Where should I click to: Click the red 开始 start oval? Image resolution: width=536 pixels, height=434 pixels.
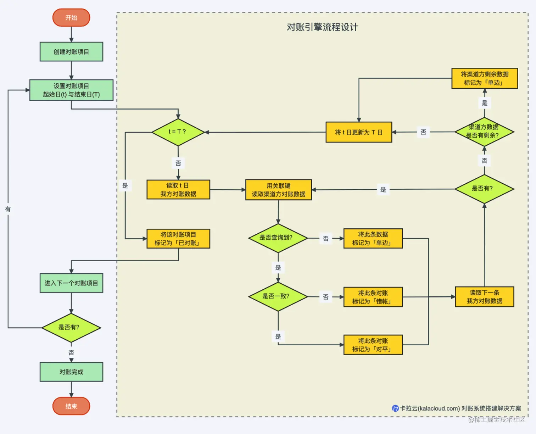pos(71,18)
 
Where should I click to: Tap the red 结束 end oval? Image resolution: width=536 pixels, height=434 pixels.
pos(71,406)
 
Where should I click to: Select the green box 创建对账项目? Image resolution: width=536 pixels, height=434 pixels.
pos(71,52)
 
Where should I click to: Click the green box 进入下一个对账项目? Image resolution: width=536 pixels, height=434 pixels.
pos(71,283)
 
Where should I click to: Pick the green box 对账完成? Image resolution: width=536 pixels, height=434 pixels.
pos(71,372)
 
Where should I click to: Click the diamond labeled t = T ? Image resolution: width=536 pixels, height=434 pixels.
pos(178,132)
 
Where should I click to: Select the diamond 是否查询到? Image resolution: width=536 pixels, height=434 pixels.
pos(278,238)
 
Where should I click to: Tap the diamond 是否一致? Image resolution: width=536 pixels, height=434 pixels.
pos(278,296)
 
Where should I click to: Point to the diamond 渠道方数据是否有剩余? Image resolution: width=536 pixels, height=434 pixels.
pos(484,132)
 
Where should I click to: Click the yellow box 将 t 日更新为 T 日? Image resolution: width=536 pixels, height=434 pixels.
pos(359,132)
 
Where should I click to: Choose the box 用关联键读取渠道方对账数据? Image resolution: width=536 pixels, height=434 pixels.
pos(278,190)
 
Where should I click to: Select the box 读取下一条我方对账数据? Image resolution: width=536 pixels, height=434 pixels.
pos(484,297)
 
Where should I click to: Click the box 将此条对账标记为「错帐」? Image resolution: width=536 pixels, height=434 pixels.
pos(373,297)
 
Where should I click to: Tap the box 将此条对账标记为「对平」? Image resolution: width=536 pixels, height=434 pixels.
pos(373,345)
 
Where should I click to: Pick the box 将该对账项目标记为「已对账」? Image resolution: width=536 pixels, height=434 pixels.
pos(178,239)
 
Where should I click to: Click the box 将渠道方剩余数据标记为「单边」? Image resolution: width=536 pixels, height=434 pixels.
pos(484,78)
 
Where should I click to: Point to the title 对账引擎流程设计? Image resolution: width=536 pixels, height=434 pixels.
pos(322,27)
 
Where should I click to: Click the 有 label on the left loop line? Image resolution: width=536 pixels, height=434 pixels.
pos(8,209)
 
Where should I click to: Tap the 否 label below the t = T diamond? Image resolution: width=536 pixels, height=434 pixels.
pos(178,163)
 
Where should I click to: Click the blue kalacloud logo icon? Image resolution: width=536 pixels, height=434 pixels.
pos(395,408)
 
